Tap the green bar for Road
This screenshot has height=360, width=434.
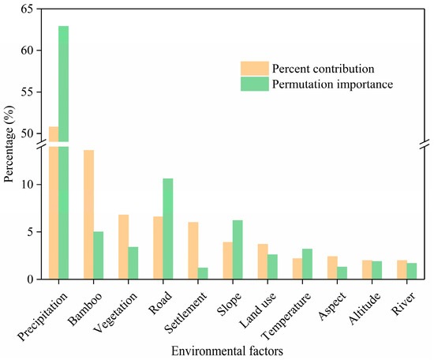tap(167, 229)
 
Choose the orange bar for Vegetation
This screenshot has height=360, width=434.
tap(123, 247)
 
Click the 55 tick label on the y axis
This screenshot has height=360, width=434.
tap(28, 92)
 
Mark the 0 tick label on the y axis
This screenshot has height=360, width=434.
tap(32, 279)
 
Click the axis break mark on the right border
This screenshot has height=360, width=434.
tap(424, 144)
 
